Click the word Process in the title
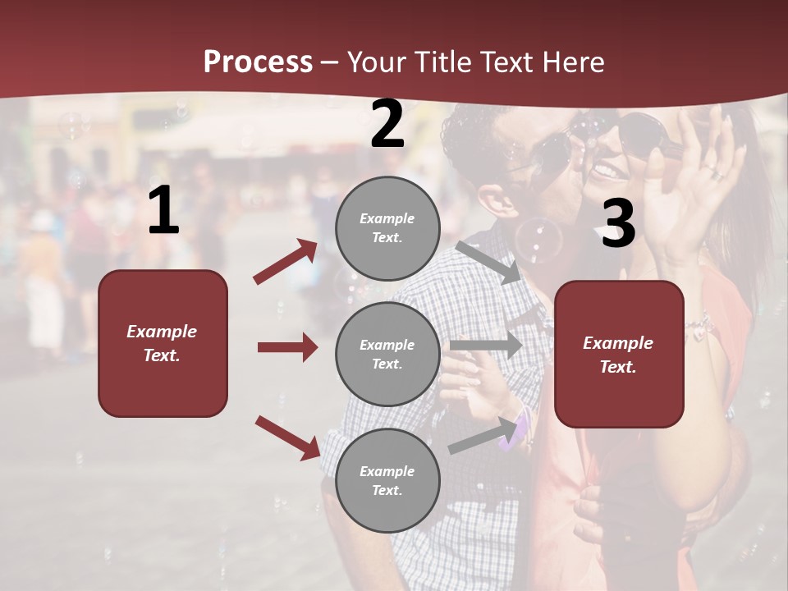click(x=258, y=62)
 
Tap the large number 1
click(x=163, y=211)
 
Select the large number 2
click(x=387, y=125)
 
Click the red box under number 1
click(x=163, y=343)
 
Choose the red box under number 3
click(x=619, y=354)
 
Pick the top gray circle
click(x=387, y=228)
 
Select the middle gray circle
click(x=387, y=354)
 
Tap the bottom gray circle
click(x=387, y=480)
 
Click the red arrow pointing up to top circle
click(x=286, y=262)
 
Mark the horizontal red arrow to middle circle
click(x=287, y=347)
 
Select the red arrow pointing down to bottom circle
click(x=287, y=438)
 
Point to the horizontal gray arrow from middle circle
click(x=486, y=346)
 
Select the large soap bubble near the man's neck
click(x=538, y=237)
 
